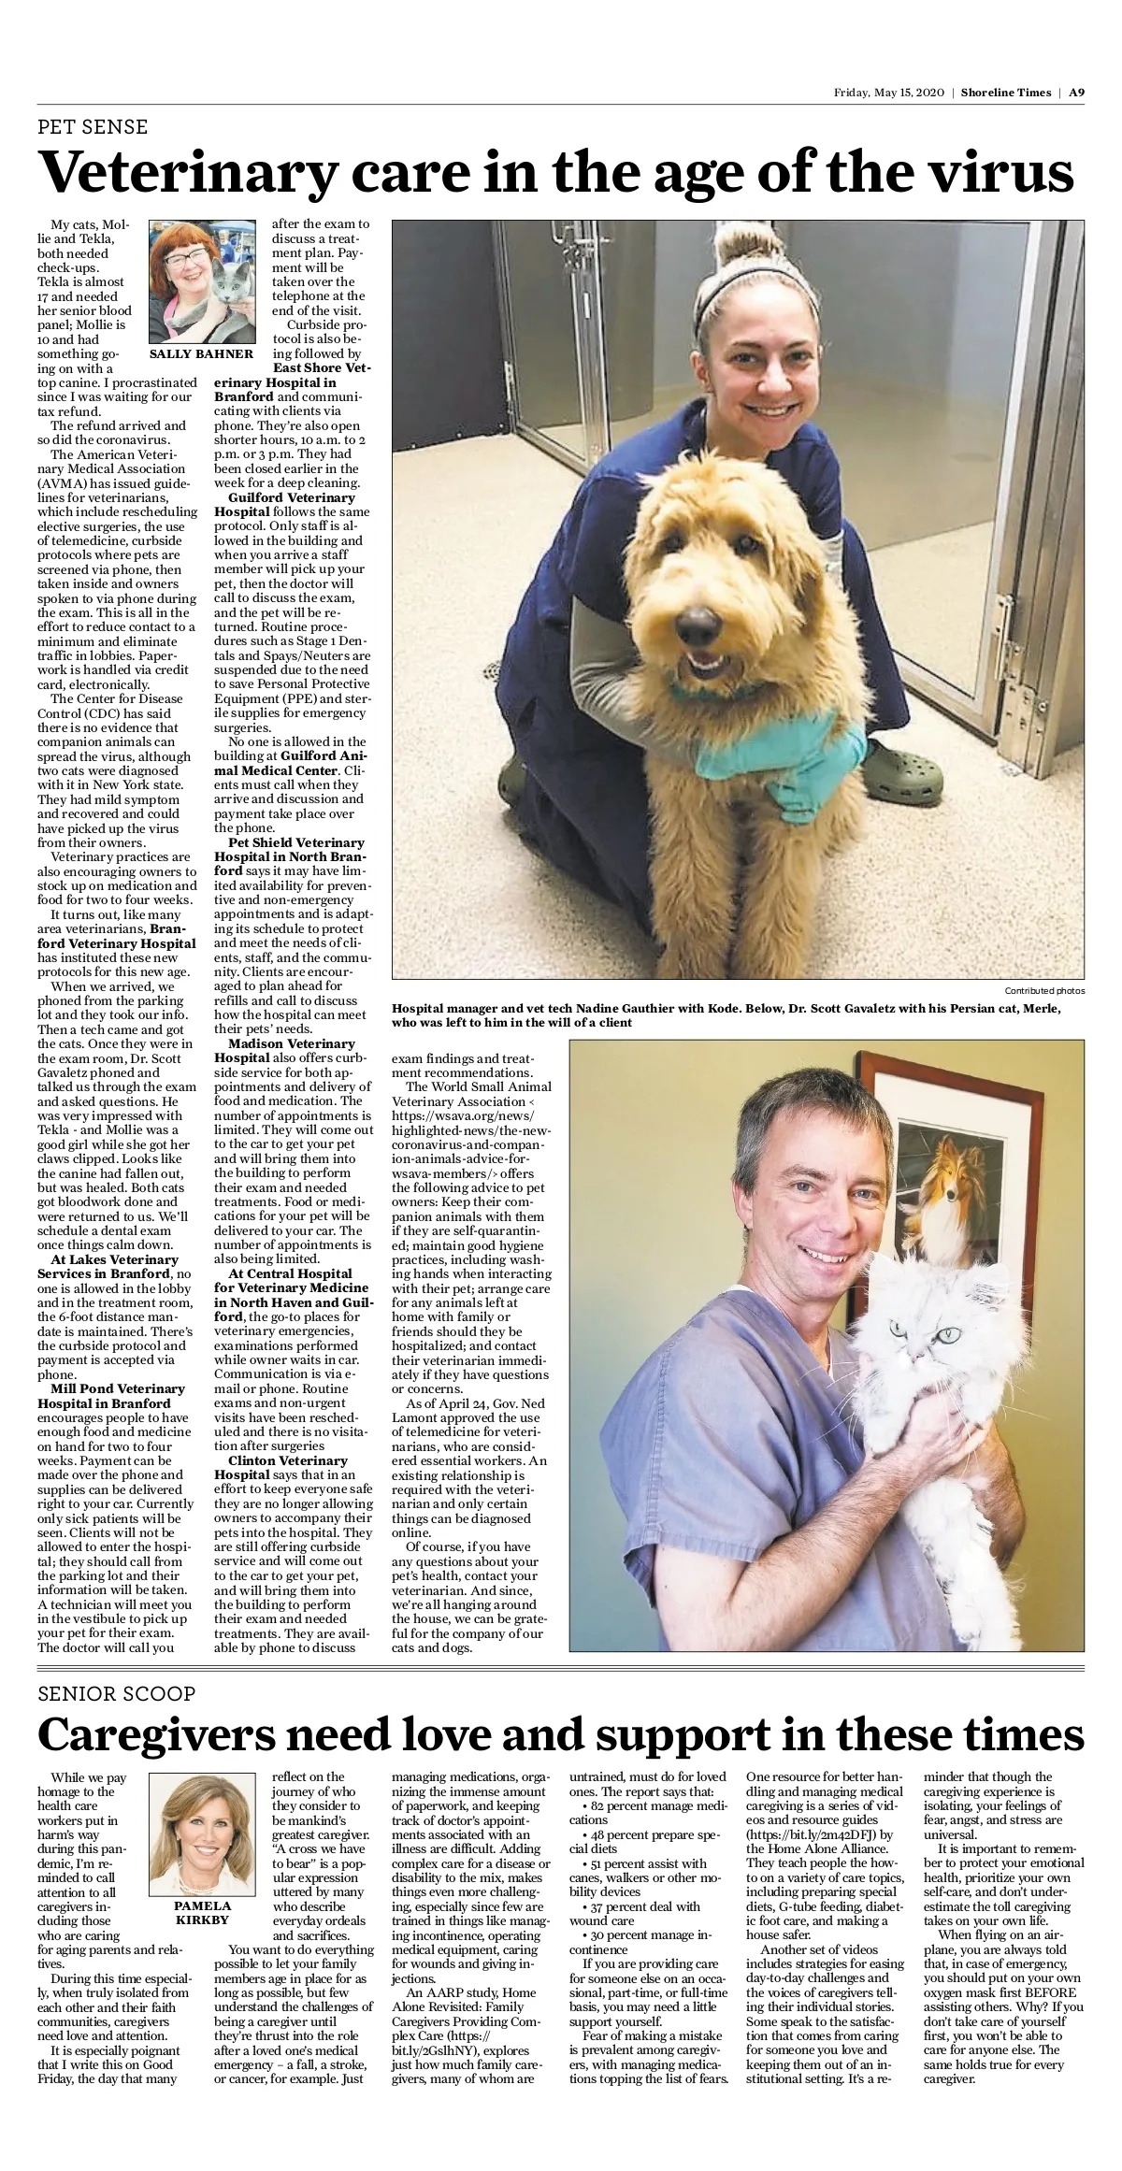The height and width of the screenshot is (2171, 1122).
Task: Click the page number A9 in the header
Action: click(1076, 93)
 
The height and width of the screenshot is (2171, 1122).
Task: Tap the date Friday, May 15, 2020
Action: click(888, 93)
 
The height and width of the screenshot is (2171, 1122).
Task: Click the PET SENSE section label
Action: click(93, 127)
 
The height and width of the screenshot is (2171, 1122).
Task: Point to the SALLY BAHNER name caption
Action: click(201, 354)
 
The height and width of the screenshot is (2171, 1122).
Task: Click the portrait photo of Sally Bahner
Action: click(202, 281)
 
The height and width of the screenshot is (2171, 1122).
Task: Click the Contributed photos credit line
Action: click(1044, 991)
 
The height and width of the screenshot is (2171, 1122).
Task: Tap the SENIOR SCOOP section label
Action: click(116, 1694)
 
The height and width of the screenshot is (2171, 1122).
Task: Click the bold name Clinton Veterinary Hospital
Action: click(284, 1467)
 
